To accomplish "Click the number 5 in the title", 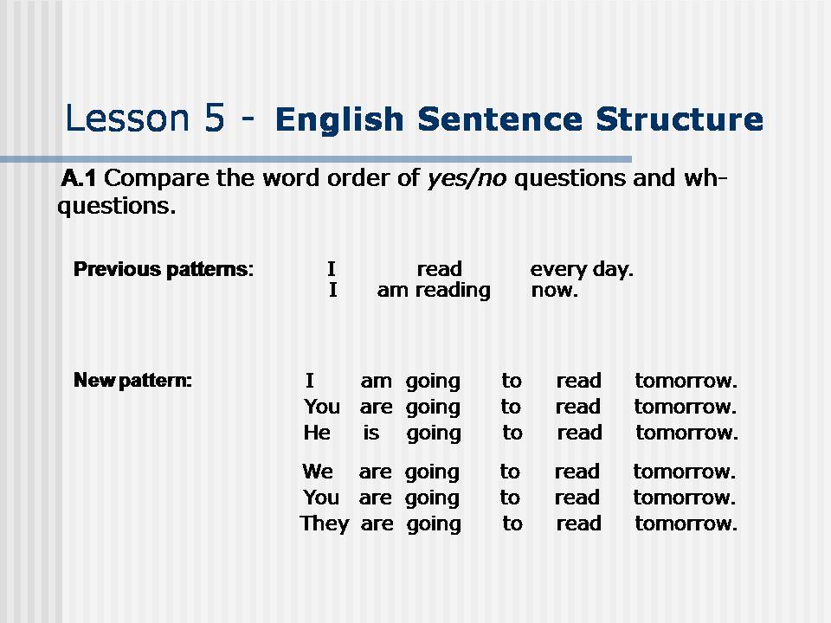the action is tap(214, 118).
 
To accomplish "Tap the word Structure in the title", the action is tap(680, 119).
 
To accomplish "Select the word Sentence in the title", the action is tap(499, 119).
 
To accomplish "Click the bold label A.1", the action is tap(79, 178).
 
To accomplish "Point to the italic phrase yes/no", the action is tap(467, 179).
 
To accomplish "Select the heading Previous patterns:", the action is tap(164, 270).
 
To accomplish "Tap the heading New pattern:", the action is tap(132, 381).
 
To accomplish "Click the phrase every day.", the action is tap(582, 270).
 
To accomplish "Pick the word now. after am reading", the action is tap(554, 291).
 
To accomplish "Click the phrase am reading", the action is tap(434, 291).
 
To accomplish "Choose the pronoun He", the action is tap(317, 433).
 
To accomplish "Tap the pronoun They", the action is tap(325, 524).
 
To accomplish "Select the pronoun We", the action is tap(318, 472).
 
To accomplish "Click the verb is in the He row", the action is tap(371, 433).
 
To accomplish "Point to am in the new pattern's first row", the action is tap(377, 382).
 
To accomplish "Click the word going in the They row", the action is tap(434, 525).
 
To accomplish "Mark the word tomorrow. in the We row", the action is tap(684, 472).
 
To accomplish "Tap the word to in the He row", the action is tap(512, 433).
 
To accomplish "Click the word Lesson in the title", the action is tap(126, 118).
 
